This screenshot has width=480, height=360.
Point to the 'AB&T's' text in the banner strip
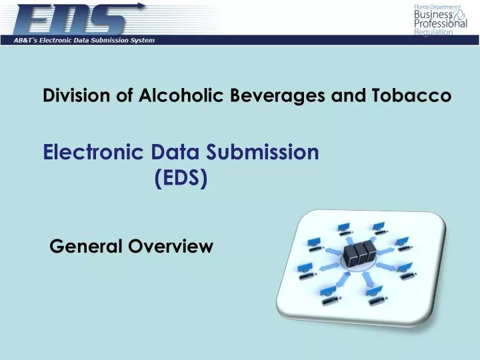(x=29, y=40)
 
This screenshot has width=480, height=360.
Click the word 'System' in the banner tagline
(x=141, y=40)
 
